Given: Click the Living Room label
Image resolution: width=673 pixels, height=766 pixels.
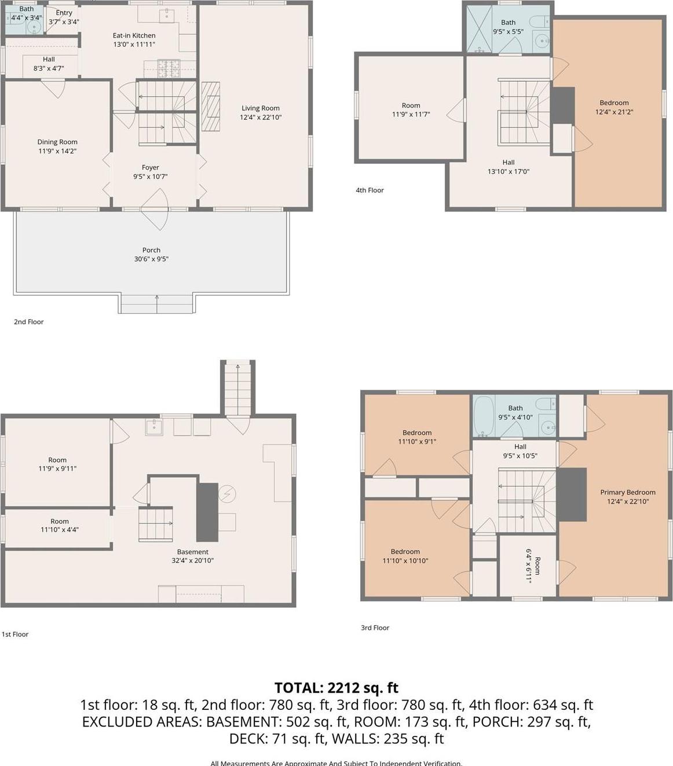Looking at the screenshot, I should [x=261, y=108].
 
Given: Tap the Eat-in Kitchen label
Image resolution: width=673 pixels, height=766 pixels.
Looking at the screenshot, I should [x=134, y=35].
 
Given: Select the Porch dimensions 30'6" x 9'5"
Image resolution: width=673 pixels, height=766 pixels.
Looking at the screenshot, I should [x=151, y=259].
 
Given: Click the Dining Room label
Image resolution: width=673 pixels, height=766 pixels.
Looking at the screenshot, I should [x=57, y=142].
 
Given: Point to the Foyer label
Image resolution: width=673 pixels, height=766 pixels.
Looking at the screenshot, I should [x=151, y=167].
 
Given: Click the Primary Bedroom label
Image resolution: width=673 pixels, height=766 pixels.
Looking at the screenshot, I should [x=628, y=492].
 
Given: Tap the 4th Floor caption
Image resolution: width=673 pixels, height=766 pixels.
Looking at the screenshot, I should [x=370, y=190].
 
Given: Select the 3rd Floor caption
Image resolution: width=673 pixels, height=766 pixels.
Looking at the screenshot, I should [x=375, y=628].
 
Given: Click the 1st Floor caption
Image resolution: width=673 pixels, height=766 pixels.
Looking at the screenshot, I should [x=14, y=634].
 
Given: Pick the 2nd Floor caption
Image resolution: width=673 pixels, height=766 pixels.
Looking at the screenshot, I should [x=28, y=321].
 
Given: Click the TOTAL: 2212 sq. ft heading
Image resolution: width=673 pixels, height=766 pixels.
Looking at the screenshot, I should [x=336, y=688].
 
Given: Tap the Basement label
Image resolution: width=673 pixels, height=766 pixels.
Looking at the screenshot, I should [x=192, y=552].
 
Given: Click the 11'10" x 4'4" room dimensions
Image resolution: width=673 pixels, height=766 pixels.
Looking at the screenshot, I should [x=60, y=530].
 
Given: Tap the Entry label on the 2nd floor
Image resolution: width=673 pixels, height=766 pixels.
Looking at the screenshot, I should [x=64, y=13].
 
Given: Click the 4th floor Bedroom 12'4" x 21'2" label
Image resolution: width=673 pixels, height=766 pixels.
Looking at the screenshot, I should [x=614, y=107].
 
